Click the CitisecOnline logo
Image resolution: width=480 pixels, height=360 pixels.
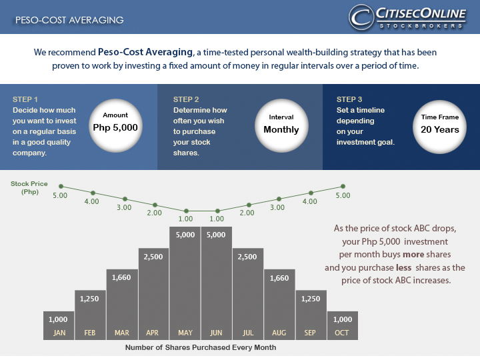pos(407,17)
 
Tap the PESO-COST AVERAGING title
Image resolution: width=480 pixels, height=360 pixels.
pos(69,20)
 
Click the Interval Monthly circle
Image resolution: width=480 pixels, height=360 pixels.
pos(281,124)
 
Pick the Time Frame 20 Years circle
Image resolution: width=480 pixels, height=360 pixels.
pos(440,124)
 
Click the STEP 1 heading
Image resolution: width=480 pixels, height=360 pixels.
pos(25,99)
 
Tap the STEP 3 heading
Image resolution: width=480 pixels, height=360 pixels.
pos(349,99)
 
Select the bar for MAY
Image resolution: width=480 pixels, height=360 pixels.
pos(185,283)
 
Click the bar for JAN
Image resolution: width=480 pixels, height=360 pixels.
pos(59,325)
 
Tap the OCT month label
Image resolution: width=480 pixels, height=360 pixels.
pos(343,332)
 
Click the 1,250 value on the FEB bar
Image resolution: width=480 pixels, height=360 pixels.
pos(90,299)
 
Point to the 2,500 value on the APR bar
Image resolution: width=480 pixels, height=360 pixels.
pos(153,257)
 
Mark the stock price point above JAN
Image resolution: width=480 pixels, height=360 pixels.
pos(61,187)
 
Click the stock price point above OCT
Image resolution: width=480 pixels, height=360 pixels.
pos(343,187)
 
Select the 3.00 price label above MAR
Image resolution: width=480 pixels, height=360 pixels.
pos(124,207)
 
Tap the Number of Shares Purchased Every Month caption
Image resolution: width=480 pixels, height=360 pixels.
pos(201,347)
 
